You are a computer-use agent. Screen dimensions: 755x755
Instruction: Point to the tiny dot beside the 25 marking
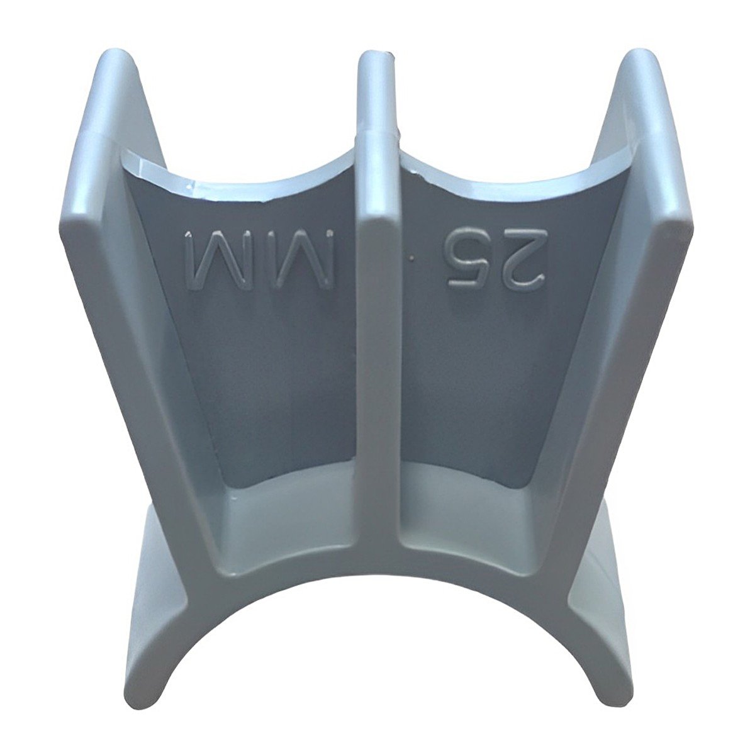(x=411, y=258)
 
